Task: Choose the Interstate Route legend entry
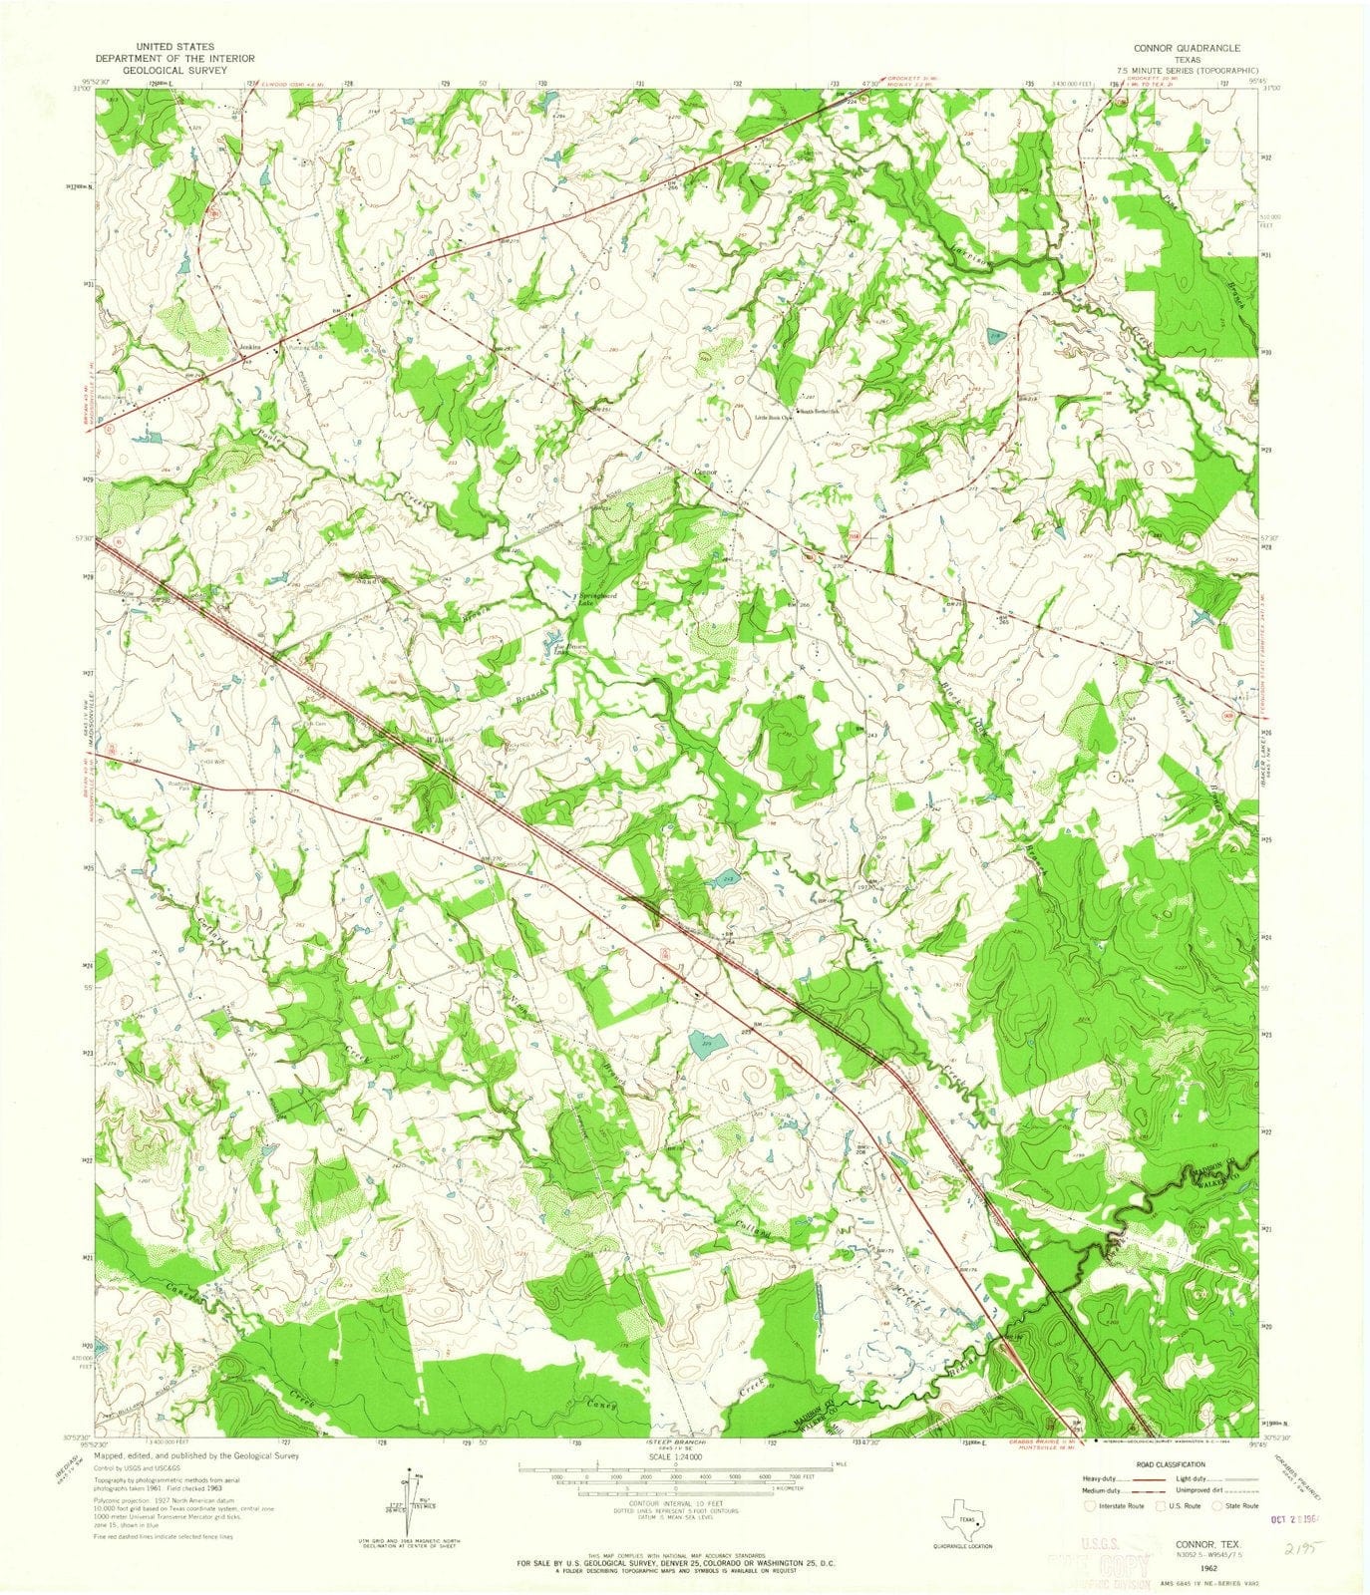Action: [x=1117, y=1506]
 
